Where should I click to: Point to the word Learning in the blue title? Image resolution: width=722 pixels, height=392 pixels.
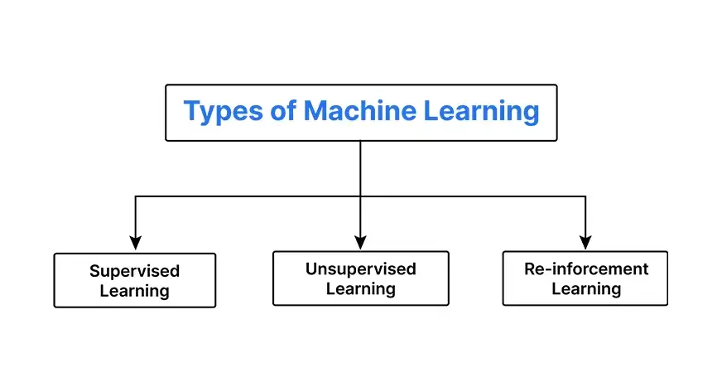tap(481, 111)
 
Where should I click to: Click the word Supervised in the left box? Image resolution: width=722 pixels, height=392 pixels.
tap(134, 271)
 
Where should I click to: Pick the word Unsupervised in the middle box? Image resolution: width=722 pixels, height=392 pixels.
tap(360, 269)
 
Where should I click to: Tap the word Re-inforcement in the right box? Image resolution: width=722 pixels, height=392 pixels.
tap(586, 269)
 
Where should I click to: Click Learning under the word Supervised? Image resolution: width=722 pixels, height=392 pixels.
tap(134, 291)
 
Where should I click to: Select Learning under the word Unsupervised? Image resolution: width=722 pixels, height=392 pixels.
tap(360, 289)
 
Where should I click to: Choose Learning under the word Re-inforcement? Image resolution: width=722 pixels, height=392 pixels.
tap(586, 289)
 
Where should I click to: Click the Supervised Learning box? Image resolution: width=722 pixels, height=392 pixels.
tap(134, 281)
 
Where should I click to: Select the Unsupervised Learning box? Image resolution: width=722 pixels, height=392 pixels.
tap(360, 279)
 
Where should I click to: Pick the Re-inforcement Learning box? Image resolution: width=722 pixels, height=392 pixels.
tap(586, 279)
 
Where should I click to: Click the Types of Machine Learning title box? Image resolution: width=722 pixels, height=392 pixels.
tap(361, 112)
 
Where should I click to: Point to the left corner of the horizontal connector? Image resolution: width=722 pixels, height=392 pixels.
tap(136, 196)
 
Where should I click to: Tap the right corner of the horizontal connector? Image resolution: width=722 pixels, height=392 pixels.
tap(585, 196)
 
